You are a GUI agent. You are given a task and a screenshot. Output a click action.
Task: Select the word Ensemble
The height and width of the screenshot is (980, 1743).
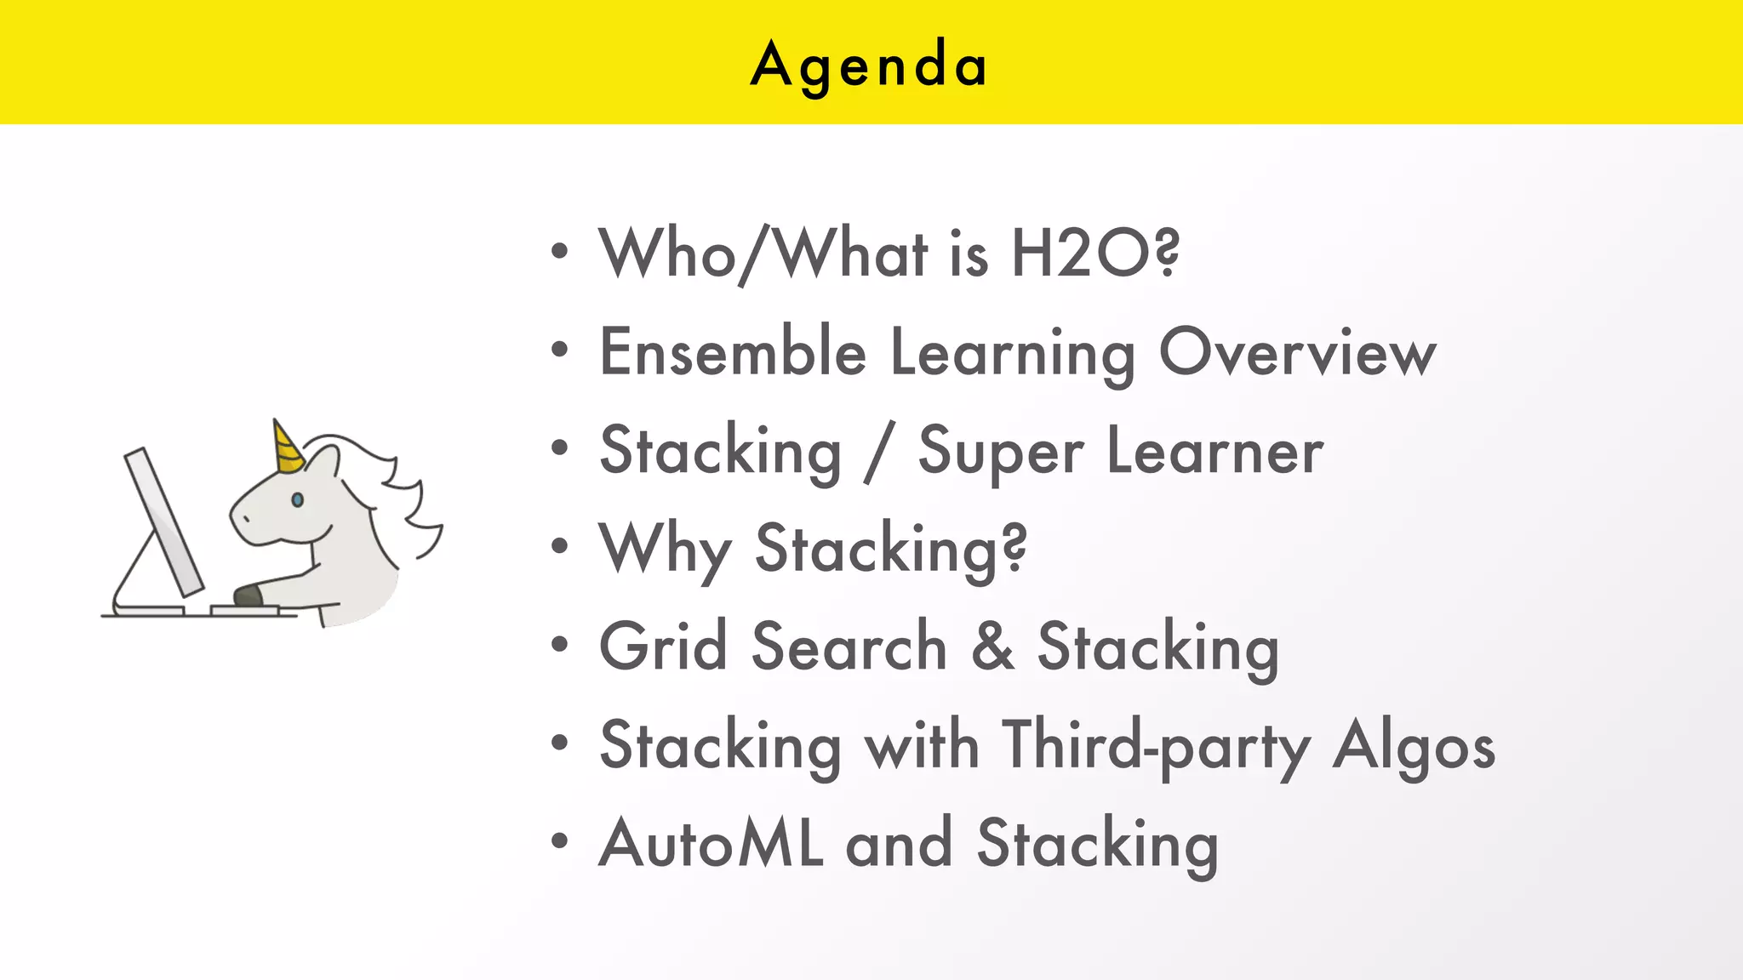pyautogui.click(x=733, y=352)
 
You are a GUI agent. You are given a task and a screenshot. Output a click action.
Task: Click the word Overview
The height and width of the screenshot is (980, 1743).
pyautogui.click(x=1297, y=352)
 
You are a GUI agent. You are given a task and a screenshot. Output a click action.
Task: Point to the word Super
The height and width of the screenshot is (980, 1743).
pyautogui.click(x=1001, y=452)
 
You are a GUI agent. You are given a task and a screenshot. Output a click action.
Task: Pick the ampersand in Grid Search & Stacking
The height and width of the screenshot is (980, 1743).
pyautogui.click(x=992, y=647)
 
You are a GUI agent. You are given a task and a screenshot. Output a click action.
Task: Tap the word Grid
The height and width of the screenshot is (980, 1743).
pyautogui.click(x=663, y=647)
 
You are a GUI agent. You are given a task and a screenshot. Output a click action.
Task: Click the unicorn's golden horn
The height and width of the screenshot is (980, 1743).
pyautogui.click(x=287, y=447)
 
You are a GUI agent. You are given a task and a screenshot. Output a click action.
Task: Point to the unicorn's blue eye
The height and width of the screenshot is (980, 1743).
pyautogui.click(x=297, y=499)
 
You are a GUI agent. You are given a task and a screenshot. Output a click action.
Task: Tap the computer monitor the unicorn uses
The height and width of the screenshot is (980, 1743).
pyautogui.click(x=163, y=521)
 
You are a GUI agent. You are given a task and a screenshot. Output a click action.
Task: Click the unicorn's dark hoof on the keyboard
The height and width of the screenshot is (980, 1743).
pyautogui.click(x=248, y=595)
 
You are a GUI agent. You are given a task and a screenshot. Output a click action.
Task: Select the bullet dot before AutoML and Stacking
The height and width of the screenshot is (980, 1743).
pyautogui.click(x=559, y=841)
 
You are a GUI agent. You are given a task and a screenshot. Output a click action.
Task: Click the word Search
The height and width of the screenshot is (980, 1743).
pyautogui.click(x=849, y=647)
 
